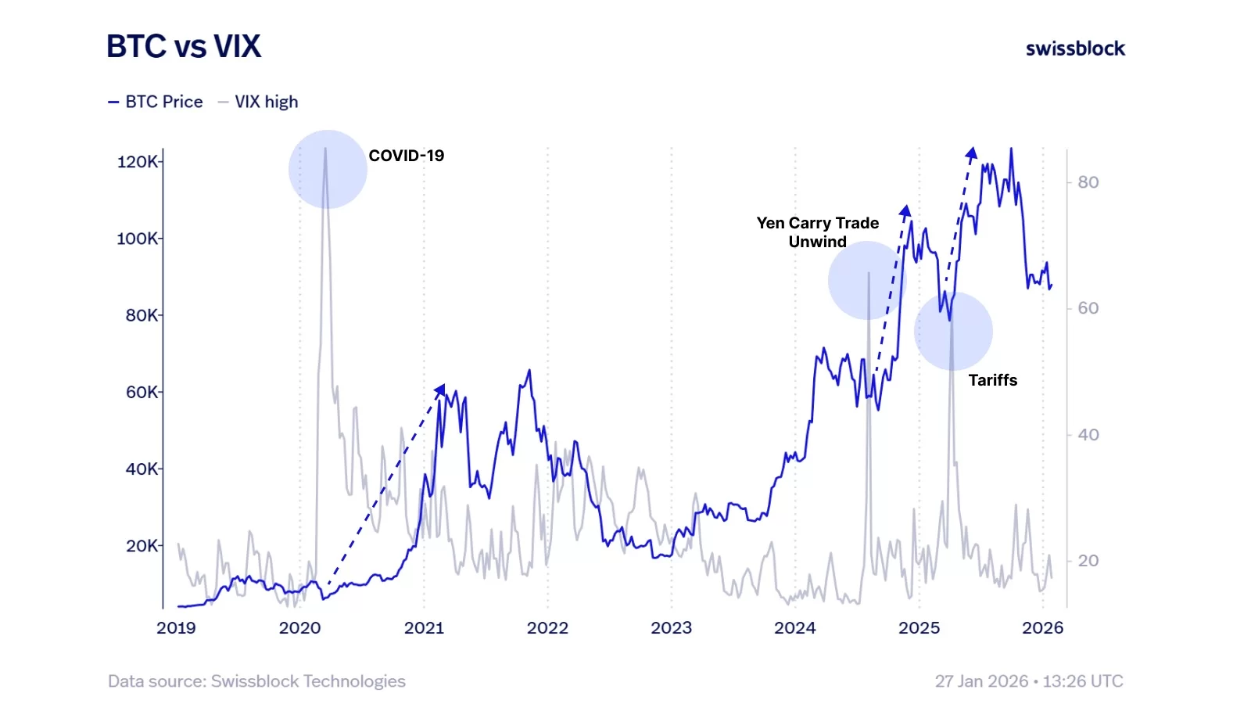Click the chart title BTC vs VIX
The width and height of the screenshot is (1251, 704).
tap(183, 47)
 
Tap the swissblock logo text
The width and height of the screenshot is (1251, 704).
tap(1075, 48)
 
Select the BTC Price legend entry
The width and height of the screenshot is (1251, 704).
tap(156, 102)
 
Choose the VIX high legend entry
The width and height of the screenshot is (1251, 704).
tap(258, 102)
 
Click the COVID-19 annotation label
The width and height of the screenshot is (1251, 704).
tap(406, 156)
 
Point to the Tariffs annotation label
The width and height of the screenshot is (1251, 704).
tap(992, 380)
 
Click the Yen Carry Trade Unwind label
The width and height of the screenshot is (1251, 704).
tap(817, 232)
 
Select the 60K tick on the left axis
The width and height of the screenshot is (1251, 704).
tap(142, 392)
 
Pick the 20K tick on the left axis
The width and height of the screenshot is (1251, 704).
tap(142, 545)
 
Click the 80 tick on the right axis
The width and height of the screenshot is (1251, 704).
tap(1088, 182)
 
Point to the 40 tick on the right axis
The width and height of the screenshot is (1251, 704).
tap(1088, 434)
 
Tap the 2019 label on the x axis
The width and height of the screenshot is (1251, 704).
tap(176, 627)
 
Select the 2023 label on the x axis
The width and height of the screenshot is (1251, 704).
tap(671, 627)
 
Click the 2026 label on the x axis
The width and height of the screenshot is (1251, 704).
tap(1042, 627)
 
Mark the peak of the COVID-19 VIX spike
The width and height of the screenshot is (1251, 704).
tap(325, 149)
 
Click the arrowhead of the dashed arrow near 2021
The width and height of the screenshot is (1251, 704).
tap(440, 389)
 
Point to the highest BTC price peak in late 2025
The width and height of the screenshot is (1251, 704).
tap(1011, 149)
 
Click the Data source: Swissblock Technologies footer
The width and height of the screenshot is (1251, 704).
tap(256, 681)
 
